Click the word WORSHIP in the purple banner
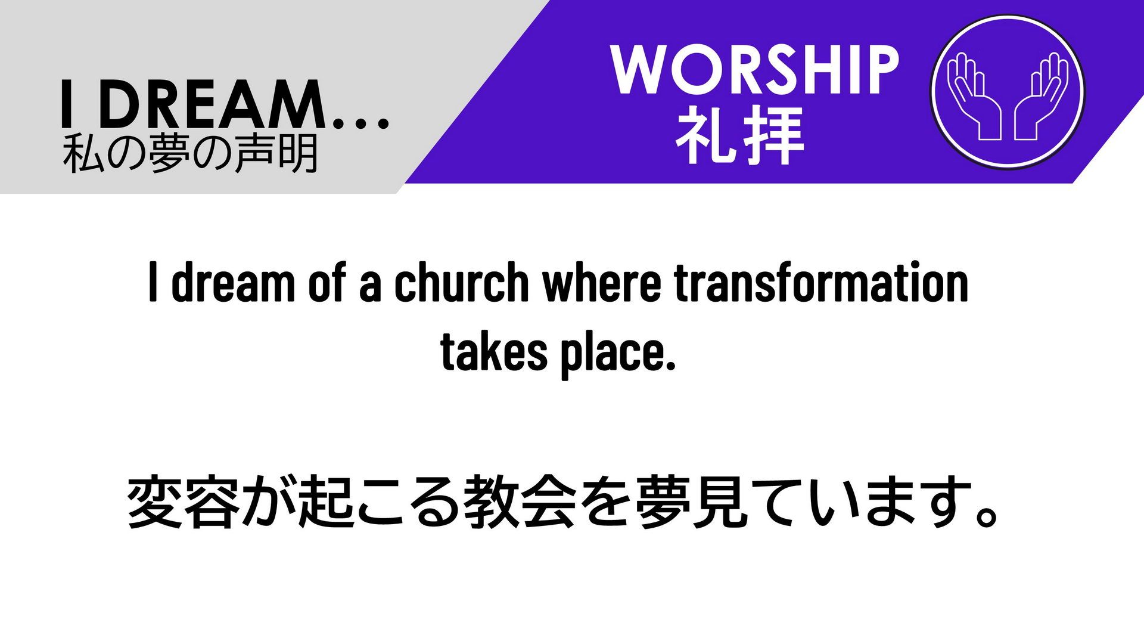[754, 69]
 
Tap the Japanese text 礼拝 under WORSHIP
[740, 135]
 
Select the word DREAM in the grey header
[212, 105]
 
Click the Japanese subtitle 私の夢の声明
[191, 153]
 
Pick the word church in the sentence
[461, 282]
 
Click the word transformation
[821, 282]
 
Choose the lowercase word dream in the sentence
[233, 282]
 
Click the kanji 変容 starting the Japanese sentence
[184, 502]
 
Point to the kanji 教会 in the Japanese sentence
[520, 502]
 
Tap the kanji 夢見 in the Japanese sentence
[691, 502]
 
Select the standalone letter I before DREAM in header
[67, 105]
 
